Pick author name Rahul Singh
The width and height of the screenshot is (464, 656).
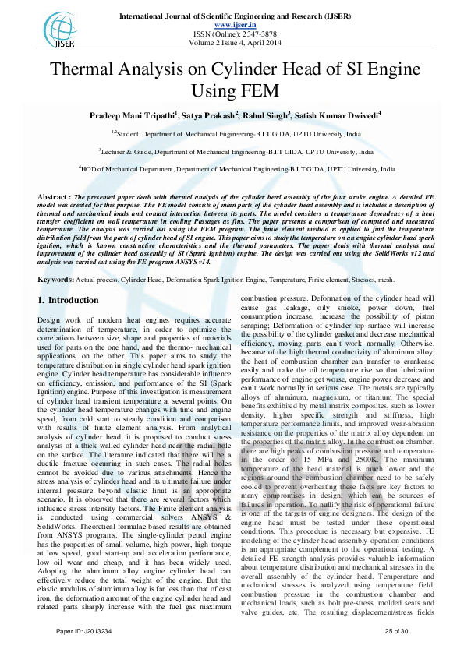(x=266, y=117)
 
